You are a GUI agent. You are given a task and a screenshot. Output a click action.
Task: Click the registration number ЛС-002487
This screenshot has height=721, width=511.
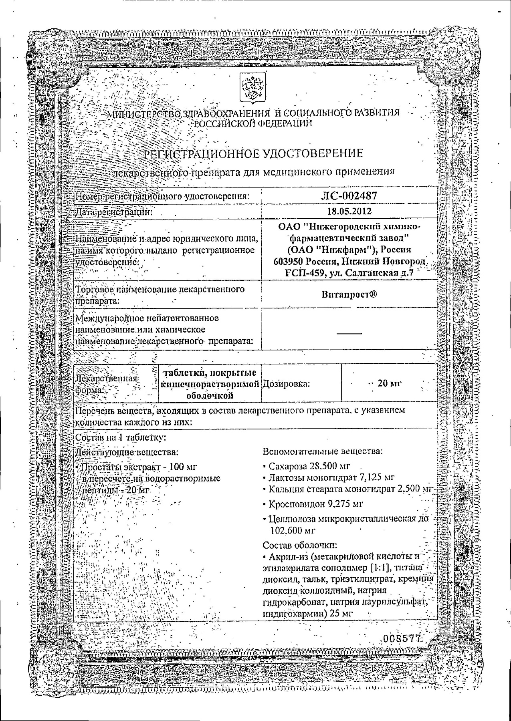tap(349, 195)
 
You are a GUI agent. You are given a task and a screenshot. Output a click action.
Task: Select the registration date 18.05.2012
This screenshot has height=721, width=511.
tap(349, 211)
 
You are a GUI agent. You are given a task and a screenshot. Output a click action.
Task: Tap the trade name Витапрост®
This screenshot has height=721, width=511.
tap(349, 294)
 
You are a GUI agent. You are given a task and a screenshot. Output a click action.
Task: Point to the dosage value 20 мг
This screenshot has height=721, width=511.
tap(389, 383)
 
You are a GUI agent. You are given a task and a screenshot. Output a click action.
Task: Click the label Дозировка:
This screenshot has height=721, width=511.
tap(286, 384)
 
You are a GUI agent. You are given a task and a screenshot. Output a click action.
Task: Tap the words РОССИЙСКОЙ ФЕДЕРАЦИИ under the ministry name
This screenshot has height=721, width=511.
tap(253, 123)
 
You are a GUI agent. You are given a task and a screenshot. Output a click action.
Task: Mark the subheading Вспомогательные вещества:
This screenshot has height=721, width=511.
tap(323, 451)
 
